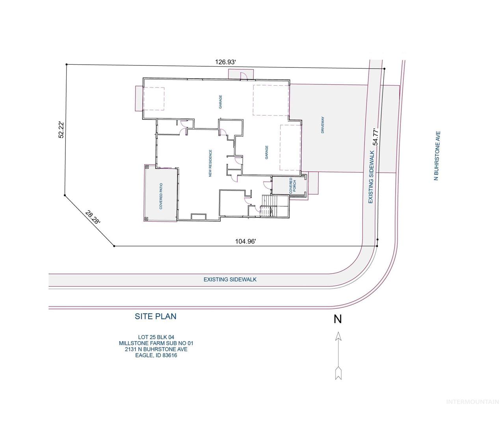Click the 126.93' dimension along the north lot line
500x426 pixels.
[x=225, y=62]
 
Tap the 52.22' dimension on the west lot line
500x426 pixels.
[x=61, y=130]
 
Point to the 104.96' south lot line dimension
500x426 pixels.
[x=245, y=241]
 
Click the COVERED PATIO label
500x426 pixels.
[x=161, y=196]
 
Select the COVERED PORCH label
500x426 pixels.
[x=292, y=186]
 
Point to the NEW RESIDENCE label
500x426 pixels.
[x=210, y=163]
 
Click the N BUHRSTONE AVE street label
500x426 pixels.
[x=437, y=156]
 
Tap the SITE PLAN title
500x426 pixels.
[x=156, y=316]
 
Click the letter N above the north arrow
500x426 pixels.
[x=338, y=319]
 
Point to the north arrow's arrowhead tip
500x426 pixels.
[x=338, y=332]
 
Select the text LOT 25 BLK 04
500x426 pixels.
[x=156, y=337]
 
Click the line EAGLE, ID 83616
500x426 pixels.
[x=156, y=355]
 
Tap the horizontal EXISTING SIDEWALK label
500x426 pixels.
[x=230, y=279]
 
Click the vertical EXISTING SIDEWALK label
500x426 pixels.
[x=371, y=177]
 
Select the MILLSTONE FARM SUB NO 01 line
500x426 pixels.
[x=156, y=343]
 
